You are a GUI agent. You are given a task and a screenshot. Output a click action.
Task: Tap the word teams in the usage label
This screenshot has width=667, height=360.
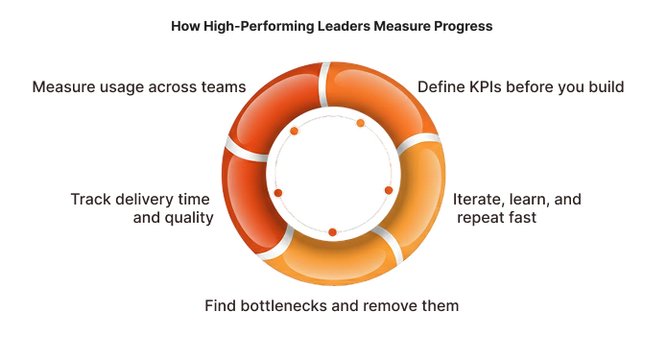[222, 86]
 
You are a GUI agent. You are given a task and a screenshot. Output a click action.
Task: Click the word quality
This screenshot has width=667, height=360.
[188, 218]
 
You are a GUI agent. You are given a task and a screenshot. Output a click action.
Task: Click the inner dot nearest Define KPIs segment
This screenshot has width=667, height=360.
[360, 123]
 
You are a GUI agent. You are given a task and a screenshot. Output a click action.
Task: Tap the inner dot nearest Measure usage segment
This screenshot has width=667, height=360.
[294, 131]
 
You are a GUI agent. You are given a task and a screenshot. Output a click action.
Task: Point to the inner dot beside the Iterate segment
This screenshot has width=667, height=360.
[388, 190]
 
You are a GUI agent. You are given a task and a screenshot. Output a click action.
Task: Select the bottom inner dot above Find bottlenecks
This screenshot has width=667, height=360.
[332, 232]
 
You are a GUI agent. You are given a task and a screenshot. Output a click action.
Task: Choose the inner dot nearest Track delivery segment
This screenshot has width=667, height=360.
[278, 193]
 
